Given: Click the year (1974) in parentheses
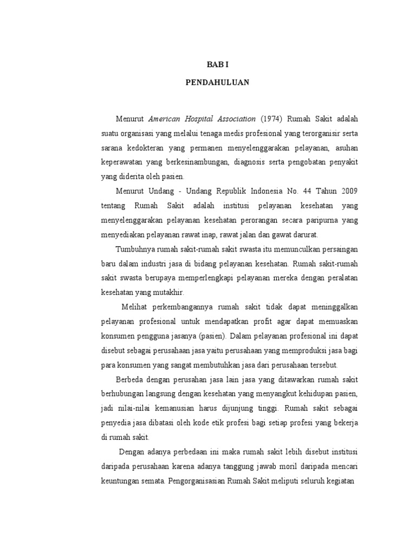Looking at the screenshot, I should click(271, 118).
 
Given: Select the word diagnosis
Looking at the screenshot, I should click(255, 162).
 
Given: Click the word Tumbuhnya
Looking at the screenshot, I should click(135, 249).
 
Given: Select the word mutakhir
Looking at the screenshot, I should click(169, 293).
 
